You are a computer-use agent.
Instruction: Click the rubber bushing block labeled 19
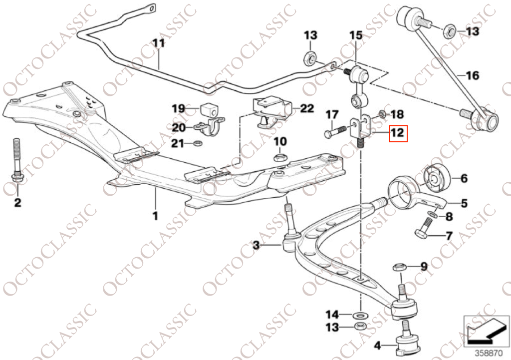[209, 109]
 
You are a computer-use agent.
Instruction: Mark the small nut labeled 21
[198, 144]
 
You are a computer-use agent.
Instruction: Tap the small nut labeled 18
[382, 114]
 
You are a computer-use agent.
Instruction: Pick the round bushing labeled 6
[437, 178]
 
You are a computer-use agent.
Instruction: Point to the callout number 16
[472, 76]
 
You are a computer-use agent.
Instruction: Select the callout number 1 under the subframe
[155, 217]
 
